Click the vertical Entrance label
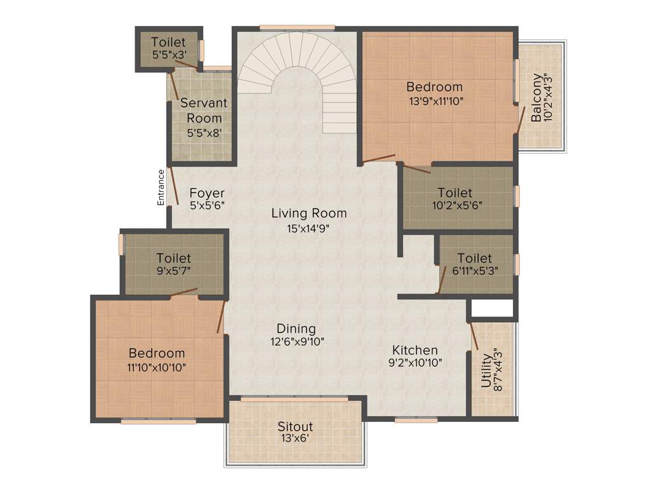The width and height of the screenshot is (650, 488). (x=162, y=187)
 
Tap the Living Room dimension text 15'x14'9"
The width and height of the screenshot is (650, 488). (x=308, y=228)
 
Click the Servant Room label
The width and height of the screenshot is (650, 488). (x=204, y=110)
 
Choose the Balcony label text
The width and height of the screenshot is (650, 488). (x=537, y=97)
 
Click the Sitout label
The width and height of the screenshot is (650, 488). (x=295, y=426)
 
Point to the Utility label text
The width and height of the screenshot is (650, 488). (x=486, y=370)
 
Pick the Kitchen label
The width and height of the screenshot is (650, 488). (x=415, y=350)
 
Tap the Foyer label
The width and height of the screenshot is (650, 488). (x=207, y=193)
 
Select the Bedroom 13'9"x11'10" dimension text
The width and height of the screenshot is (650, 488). (x=435, y=100)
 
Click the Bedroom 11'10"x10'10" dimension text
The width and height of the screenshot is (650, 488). (x=157, y=367)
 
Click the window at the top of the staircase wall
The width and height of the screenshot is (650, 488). (x=297, y=27)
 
